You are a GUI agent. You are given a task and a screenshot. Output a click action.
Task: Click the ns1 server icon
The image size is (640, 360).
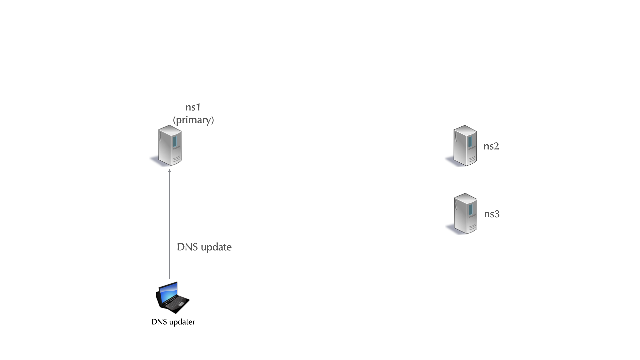[x=170, y=145]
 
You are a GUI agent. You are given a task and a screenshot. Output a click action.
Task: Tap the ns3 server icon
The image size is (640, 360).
[x=465, y=214]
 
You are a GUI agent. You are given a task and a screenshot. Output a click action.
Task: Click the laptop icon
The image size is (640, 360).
[x=172, y=297]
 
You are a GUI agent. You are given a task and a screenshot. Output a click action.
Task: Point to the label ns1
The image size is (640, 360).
[x=193, y=107]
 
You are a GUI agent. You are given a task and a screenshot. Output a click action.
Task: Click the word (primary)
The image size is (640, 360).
[x=193, y=120]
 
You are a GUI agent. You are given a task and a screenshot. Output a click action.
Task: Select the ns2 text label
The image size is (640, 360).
[x=491, y=146]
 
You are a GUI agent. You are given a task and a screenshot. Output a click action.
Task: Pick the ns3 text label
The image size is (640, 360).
[x=492, y=214]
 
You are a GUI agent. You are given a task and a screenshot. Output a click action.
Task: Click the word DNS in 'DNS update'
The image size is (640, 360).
[x=187, y=247]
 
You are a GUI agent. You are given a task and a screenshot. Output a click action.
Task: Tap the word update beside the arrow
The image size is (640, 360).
[x=216, y=247]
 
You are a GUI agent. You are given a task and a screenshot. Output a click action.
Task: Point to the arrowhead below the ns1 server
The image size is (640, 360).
[x=169, y=171]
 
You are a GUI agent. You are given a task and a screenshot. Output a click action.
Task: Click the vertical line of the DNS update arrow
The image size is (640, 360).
[x=169, y=227]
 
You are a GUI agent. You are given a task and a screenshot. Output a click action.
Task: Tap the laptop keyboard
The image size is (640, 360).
[x=174, y=303]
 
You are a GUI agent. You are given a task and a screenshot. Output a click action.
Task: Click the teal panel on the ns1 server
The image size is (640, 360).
[x=175, y=141]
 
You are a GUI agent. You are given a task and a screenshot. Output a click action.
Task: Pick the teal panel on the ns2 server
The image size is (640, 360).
[x=470, y=142]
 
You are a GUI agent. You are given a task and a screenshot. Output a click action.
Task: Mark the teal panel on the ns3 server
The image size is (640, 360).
[x=470, y=210]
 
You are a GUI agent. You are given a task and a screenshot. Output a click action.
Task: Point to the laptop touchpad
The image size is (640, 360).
[x=180, y=304]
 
